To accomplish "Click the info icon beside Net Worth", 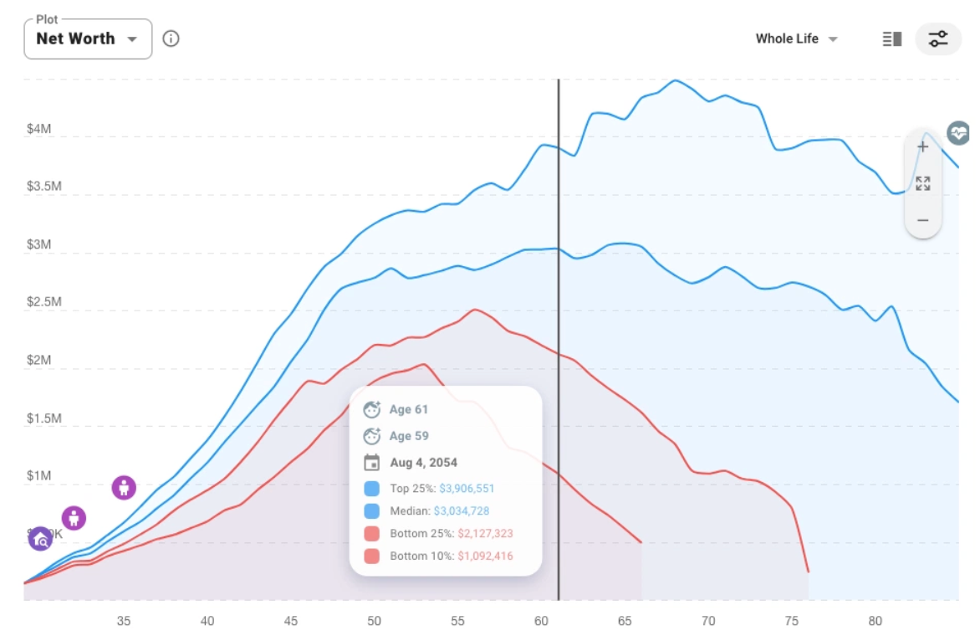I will pos(171,38).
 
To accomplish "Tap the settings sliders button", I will pos(938,38).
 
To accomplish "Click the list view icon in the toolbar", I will pos(892,38).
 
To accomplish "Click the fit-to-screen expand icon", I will pos(922,183).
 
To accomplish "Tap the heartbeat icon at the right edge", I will pos(958,132).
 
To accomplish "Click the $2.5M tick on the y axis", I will pos(43,301).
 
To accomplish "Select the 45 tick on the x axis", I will pos(290,621).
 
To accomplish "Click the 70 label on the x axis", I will pos(708,621).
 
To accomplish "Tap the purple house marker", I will pos(40,539).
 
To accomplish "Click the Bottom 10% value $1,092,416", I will pos(485,556).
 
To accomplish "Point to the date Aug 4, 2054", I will pos(423,462).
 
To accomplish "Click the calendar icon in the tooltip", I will pos(372,462).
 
